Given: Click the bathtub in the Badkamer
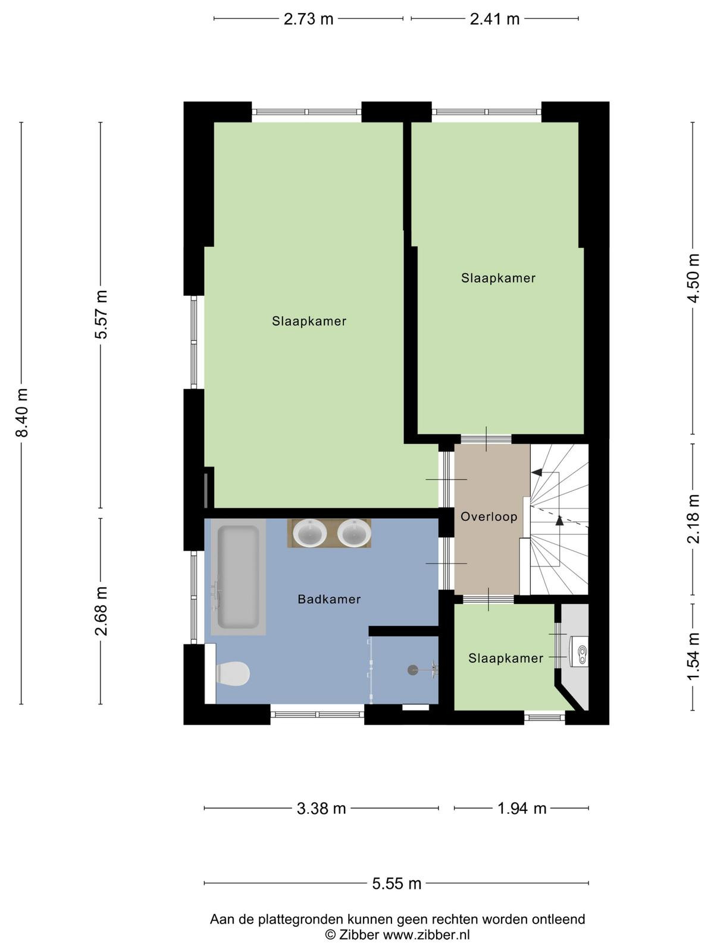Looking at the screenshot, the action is (238, 577).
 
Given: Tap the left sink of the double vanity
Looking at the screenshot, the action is (310, 533).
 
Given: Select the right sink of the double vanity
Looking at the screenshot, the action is (354, 533).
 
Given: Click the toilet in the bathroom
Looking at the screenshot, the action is (233, 674).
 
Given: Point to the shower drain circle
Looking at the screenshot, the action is (413, 670).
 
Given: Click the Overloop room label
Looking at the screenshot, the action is (488, 516).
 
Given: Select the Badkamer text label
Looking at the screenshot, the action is (329, 599).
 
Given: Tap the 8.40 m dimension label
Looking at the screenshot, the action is (21, 412).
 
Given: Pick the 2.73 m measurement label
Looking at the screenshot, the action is (308, 19).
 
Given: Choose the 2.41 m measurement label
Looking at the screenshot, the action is (494, 19).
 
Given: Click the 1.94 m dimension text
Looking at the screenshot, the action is (522, 808).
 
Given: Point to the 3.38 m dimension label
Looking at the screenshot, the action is (321, 808).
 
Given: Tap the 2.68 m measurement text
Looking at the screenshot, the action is (101, 611).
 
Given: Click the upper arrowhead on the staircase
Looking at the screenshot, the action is (537, 472).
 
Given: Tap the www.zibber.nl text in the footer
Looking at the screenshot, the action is (425, 935).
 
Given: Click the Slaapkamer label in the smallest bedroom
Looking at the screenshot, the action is (506, 658).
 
